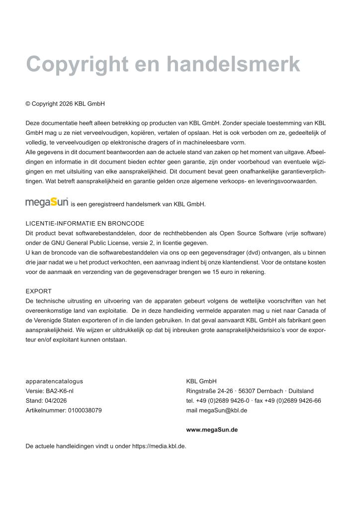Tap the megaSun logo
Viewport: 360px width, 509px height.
47,203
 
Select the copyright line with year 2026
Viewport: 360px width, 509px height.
65,104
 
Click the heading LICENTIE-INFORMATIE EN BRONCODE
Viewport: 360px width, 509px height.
85,223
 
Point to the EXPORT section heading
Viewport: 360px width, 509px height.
38,291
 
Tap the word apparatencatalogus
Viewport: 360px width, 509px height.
54,381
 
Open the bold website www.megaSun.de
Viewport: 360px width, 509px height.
211,429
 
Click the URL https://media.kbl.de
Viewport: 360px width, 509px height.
159,446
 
